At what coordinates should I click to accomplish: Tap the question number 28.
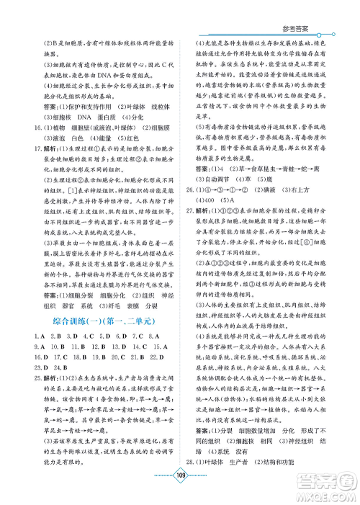[190, 460]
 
